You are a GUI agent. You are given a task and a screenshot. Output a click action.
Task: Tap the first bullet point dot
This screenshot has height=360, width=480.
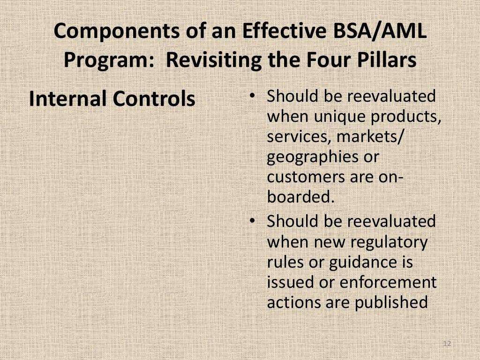[252, 96]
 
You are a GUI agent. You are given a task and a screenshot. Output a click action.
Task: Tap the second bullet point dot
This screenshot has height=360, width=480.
[252, 220]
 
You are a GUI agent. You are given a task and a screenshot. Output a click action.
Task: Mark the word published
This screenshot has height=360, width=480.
[391, 303]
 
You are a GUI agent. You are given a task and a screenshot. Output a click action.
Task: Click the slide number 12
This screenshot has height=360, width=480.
[446, 344]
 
